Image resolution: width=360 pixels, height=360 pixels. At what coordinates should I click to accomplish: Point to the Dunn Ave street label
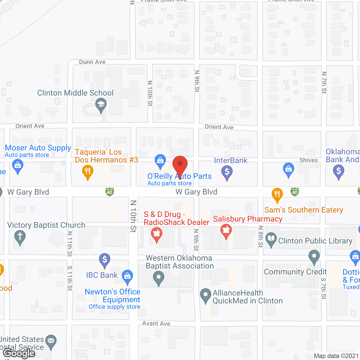point(92,62)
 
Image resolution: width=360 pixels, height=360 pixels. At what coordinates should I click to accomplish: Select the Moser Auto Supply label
point(38,148)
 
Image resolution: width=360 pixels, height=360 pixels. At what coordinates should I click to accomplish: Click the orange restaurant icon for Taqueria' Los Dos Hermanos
point(87,171)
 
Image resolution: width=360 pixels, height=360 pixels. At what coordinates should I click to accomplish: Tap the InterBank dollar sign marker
point(227,172)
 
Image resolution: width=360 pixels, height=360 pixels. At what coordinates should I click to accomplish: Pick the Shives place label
point(309,160)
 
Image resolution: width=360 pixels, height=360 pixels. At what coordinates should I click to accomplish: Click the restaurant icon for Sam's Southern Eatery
point(277,194)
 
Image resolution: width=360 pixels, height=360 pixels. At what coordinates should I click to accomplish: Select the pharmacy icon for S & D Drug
point(157,234)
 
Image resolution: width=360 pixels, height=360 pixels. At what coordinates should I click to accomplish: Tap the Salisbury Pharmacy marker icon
point(226,230)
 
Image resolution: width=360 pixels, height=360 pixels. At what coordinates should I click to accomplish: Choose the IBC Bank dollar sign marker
point(105,259)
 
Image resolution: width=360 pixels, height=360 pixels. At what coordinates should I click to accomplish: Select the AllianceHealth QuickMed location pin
point(205,295)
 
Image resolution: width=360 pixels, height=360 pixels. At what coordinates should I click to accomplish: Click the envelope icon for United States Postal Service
point(51,341)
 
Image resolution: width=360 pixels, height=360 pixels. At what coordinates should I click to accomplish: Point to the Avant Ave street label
point(156,323)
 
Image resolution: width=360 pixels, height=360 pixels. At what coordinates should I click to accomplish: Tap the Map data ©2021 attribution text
point(336,356)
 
